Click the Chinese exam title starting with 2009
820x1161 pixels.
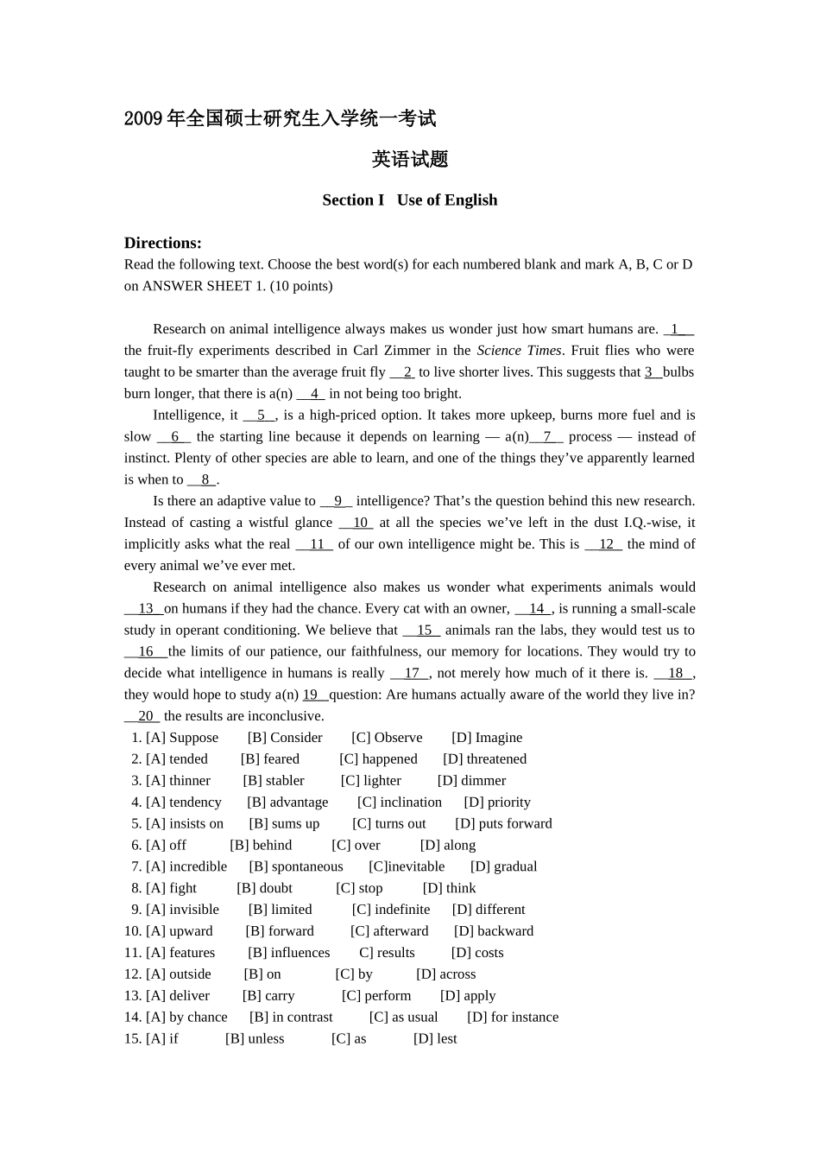click(x=280, y=118)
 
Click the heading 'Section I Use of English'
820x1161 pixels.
click(x=409, y=200)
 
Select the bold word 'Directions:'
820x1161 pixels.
click(x=162, y=243)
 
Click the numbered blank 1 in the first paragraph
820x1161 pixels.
click(x=678, y=329)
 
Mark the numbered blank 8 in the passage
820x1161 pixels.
click(x=204, y=479)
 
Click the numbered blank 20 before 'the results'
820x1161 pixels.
click(x=143, y=716)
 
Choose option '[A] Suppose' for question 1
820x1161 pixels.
click(x=182, y=738)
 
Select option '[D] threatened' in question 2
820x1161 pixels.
click(x=484, y=759)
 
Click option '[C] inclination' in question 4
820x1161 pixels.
click(x=400, y=803)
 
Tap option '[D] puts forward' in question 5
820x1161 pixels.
click(x=503, y=824)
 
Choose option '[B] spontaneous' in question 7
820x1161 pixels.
click(x=296, y=866)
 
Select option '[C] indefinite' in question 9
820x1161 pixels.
click(x=391, y=910)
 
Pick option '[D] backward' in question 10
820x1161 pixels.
click(x=494, y=931)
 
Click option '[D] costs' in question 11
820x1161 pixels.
click(x=477, y=953)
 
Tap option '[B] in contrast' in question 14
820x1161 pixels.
click(x=291, y=1018)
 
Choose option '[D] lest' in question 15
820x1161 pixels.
click(x=435, y=1039)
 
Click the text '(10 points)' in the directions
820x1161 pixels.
click(x=301, y=286)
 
